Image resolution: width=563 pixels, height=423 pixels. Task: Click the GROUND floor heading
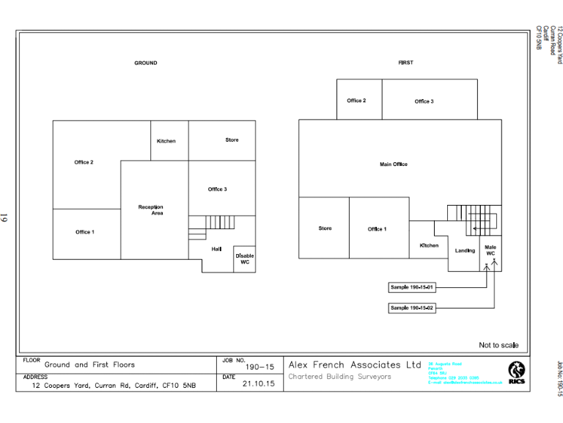click(x=145, y=63)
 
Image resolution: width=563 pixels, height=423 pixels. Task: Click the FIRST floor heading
click(x=405, y=63)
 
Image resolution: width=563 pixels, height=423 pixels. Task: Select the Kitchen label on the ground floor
click(x=166, y=141)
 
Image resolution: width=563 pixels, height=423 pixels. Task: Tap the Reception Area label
click(x=151, y=210)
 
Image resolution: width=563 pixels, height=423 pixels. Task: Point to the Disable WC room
click(x=245, y=258)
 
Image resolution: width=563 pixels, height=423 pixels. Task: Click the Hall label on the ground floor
click(x=216, y=249)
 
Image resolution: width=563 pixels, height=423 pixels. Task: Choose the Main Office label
click(x=394, y=164)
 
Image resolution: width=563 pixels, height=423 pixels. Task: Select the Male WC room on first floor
click(x=490, y=250)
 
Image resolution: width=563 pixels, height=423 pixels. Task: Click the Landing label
click(x=465, y=250)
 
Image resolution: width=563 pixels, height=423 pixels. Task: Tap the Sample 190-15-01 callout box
click(x=413, y=287)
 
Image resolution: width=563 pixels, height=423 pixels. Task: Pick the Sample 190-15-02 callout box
click(x=413, y=308)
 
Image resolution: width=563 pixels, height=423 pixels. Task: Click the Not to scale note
click(x=498, y=345)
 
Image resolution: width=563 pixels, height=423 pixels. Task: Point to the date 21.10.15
click(x=258, y=383)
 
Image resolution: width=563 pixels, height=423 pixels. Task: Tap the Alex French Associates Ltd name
click(x=355, y=365)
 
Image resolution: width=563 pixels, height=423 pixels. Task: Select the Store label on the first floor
click(x=325, y=228)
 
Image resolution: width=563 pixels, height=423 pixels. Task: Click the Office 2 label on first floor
click(x=356, y=101)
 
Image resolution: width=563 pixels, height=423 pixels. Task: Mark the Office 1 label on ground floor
click(x=84, y=232)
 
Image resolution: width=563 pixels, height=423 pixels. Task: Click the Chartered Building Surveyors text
click(x=340, y=377)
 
